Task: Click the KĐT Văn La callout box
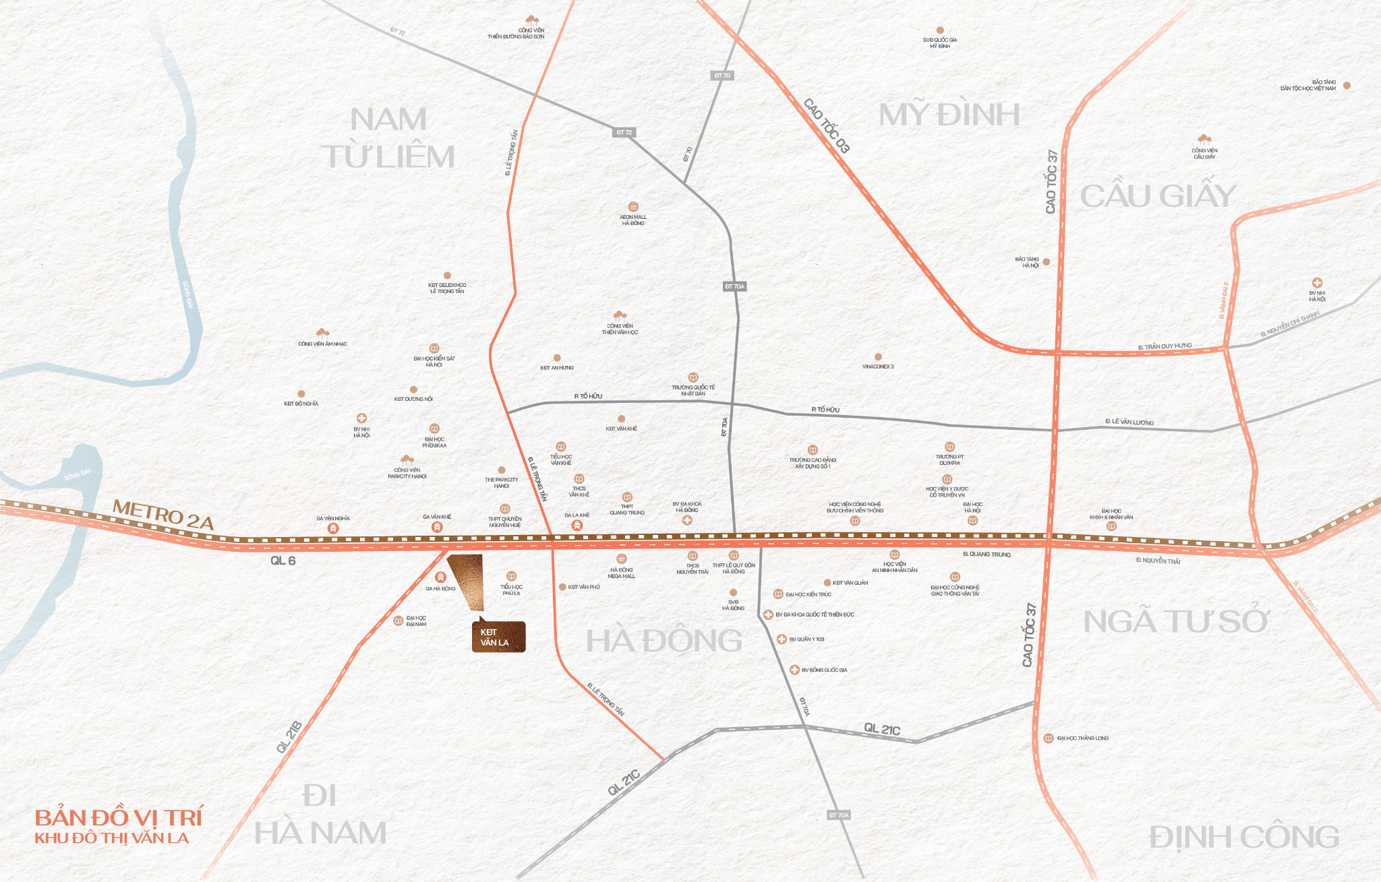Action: pyautogui.click(x=498, y=637)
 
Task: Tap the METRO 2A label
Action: pyautogui.click(x=163, y=514)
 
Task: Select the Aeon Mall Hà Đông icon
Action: pyautogui.click(x=633, y=207)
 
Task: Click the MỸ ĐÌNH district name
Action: pyautogui.click(x=949, y=115)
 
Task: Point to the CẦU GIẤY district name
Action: pyautogui.click(x=1158, y=196)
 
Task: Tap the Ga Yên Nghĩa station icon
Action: pyautogui.click(x=333, y=529)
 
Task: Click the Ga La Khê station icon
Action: pyautogui.click(x=577, y=526)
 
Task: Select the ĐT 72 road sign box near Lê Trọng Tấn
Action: pyautogui.click(x=624, y=133)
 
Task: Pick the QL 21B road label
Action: pyautogui.click(x=289, y=736)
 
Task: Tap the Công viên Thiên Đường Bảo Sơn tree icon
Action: pyautogui.click(x=532, y=20)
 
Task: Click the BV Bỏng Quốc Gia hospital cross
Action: pyautogui.click(x=794, y=670)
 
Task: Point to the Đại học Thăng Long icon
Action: pyautogui.click(x=1049, y=738)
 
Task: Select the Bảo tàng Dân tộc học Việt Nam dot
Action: pyautogui.click(x=1347, y=86)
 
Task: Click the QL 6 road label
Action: pyautogui.click(x=283, y=561)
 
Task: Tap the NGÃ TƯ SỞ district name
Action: pyautogui.click(x=1175, y=621)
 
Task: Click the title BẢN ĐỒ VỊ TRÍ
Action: pyautogui.click(x=119, y=818)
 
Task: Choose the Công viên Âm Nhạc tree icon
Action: pyautogui.click(x=322, y=334)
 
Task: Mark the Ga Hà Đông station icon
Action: pyautogui.click(x=440, y=577)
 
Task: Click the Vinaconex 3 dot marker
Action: pyautogui.click(x=878, y=357)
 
